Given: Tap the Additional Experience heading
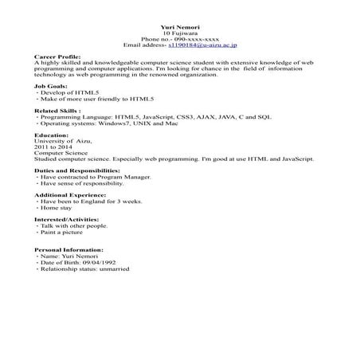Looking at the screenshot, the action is [x=69, y=195].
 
